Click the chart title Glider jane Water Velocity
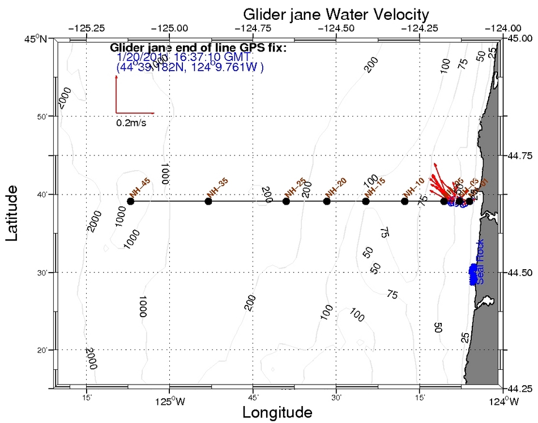point(336,13)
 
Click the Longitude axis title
point(277,412)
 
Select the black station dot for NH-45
point(131,201)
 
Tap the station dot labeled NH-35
point(208,201)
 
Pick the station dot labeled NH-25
point(286,201)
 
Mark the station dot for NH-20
point(326,201)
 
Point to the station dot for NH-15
point(365,201)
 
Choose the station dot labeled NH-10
point(404,201)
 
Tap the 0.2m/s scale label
point(131,122)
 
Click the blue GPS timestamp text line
point(185,58)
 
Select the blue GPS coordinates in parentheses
point(190,67)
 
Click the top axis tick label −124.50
point(336,27)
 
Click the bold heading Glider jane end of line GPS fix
point(198,48)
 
